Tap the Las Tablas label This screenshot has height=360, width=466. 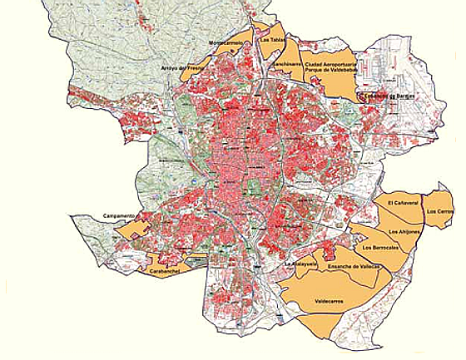272,39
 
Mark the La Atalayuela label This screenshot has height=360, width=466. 300,264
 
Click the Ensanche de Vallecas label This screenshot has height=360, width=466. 354,266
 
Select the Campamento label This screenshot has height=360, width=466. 119,216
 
